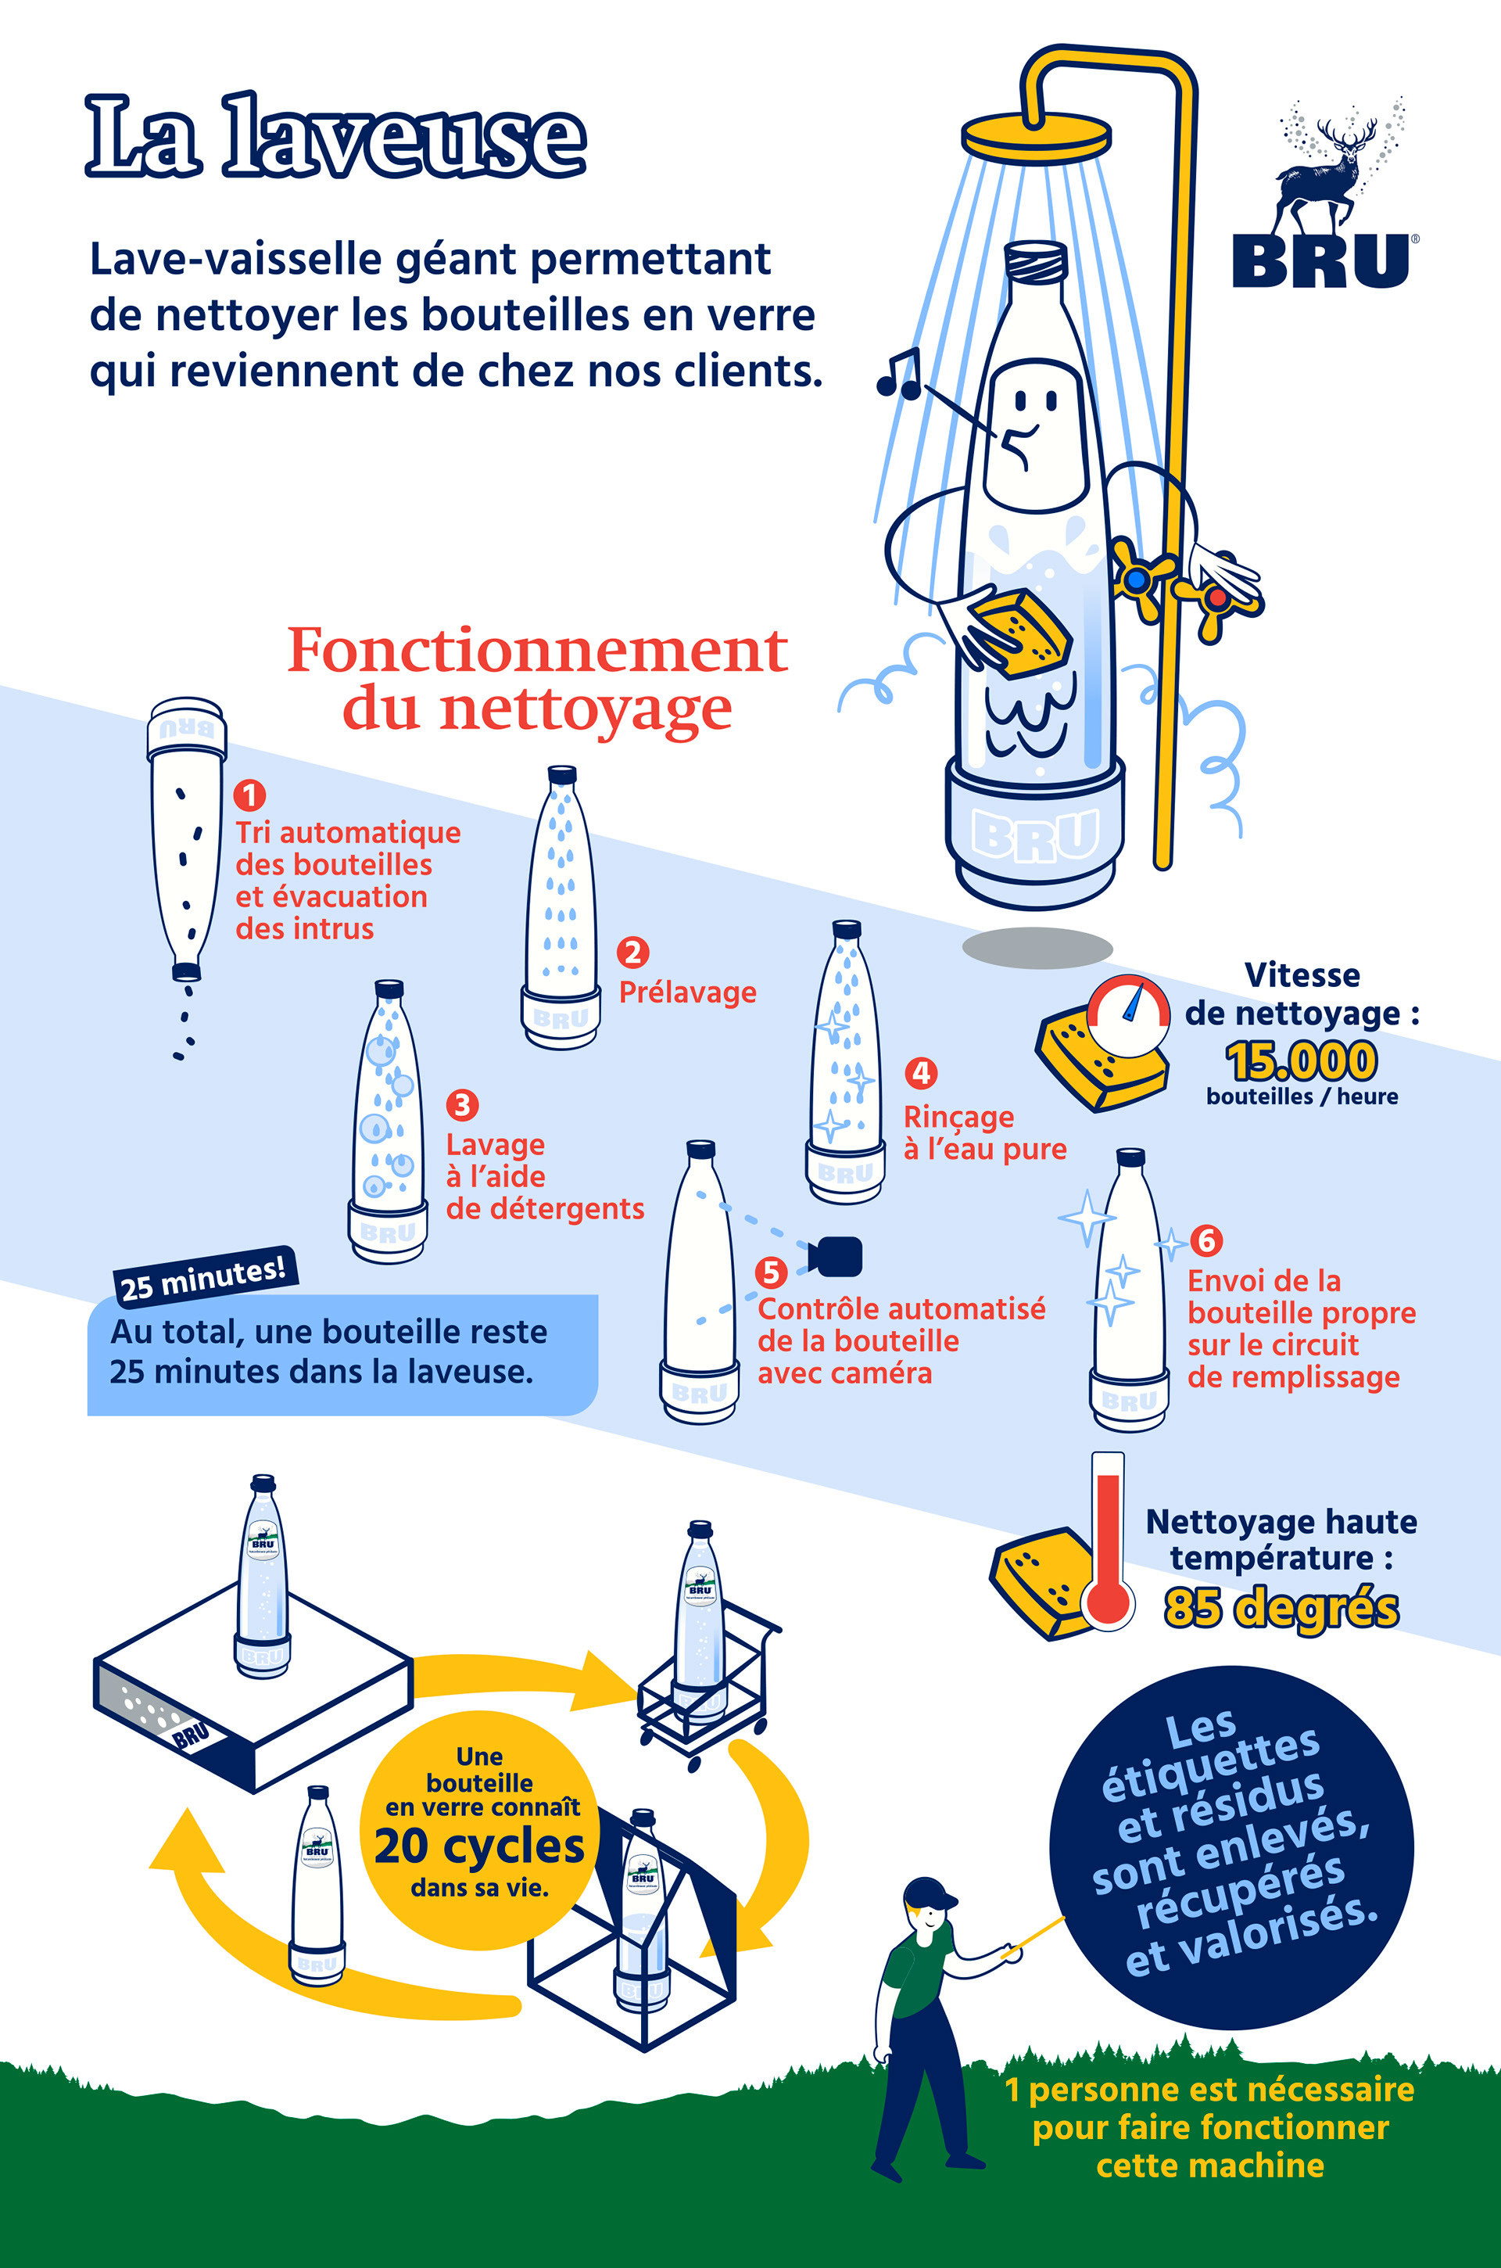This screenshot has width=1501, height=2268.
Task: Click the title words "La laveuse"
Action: coord(335,136)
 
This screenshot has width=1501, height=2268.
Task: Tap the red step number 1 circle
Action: coord(250,795)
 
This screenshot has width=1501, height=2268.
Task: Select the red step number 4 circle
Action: coord(921,1072)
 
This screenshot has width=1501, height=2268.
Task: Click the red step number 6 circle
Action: coord(1206,1240)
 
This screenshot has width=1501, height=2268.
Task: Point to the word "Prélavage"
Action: coord(687,992)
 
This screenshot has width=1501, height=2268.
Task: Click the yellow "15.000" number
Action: coord(1302,1060)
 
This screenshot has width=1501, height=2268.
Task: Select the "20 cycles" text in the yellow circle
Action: coord(478,1846)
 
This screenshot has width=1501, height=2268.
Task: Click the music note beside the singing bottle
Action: coord(900,375)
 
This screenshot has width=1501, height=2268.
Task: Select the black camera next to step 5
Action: coord(835,1257)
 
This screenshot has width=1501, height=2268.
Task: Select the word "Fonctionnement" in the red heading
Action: coord(538,650)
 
